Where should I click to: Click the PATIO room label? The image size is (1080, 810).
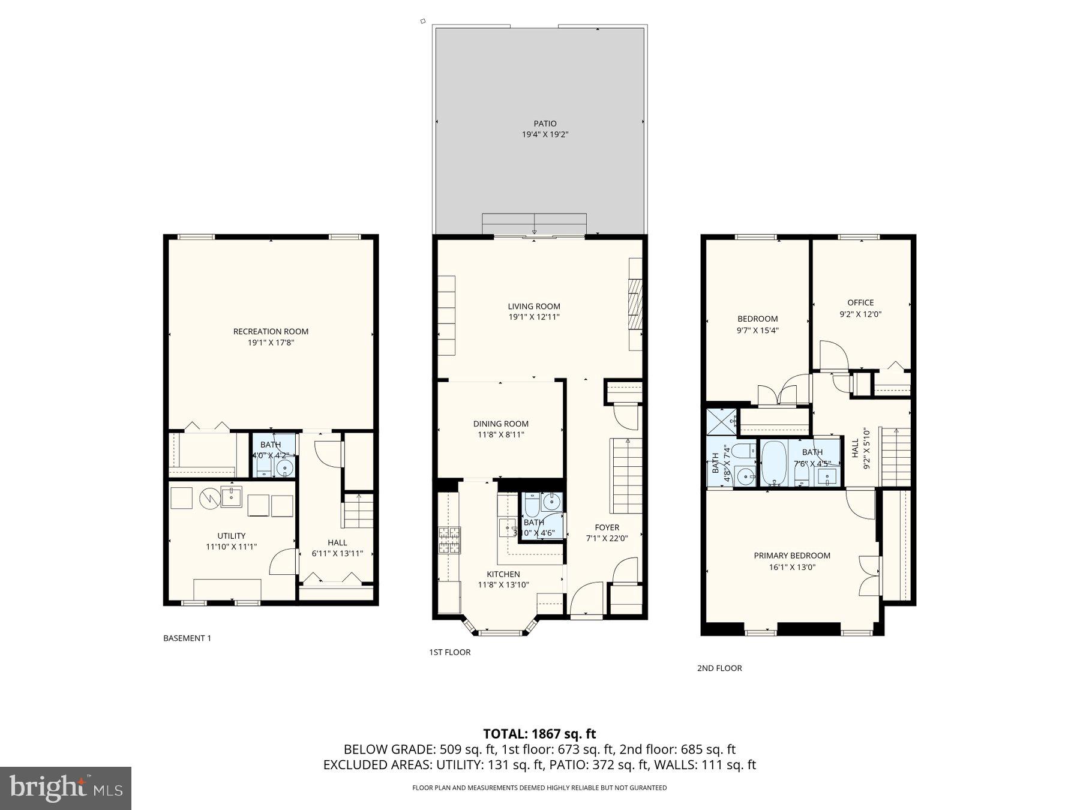coord(545,124)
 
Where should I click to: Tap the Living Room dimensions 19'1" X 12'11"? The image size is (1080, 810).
coord(533,317)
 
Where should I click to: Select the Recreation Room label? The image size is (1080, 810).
coord(271,331)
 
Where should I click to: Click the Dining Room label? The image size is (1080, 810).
coord(500,424)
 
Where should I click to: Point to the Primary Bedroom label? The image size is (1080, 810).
coord(792,556)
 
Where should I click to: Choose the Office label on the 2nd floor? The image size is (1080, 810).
coord(860,302)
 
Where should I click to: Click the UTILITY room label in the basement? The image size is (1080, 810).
coord(231,536)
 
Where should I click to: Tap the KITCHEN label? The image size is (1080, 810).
coord(503,574)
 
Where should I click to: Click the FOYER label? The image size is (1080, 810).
coord(607,527)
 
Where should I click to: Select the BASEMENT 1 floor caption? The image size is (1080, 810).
coord(187,638)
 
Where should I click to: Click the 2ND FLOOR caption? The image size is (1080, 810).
coord(719,668)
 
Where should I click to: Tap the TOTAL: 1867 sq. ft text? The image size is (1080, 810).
coord(539,733)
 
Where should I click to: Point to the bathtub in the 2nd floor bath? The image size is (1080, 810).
coord(774,464)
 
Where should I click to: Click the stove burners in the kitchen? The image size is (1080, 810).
coord(449,539)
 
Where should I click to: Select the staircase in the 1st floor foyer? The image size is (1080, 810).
coord(626,476)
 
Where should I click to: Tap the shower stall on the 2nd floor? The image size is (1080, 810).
coord(721,422)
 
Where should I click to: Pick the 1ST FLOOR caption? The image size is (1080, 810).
coord(449,652)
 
